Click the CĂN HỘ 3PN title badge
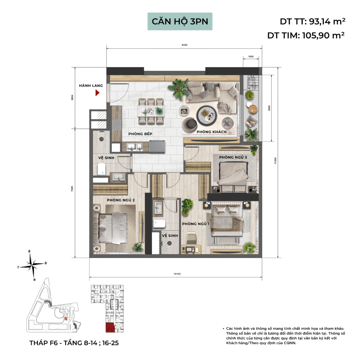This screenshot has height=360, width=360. point(180,21)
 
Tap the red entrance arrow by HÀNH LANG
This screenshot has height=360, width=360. point(98,93)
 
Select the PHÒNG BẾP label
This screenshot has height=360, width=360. point(140,134)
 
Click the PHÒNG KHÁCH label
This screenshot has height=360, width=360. point(211,132)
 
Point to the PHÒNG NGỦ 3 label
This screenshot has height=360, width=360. point(233,157)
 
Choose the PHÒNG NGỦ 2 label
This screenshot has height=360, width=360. point(121,200)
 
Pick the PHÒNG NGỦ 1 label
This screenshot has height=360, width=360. point(196,224)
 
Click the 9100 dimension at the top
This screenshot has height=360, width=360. point(185,45)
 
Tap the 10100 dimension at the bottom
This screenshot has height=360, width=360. point(177,274)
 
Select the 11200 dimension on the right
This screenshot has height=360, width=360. point(275,161)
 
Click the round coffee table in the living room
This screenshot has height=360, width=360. point(207,115)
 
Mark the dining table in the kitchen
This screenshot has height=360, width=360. point(151,111)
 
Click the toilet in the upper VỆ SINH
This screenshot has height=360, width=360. point(101,169)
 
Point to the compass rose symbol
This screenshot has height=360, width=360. point(33,265)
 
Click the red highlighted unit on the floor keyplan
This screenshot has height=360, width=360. point(110,328)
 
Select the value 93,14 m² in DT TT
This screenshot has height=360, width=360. point(327,21)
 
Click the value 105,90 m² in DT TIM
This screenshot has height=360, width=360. point(323,36)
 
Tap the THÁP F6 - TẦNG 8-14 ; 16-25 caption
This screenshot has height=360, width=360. point(74,343)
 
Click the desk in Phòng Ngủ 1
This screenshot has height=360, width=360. point(191,250)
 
